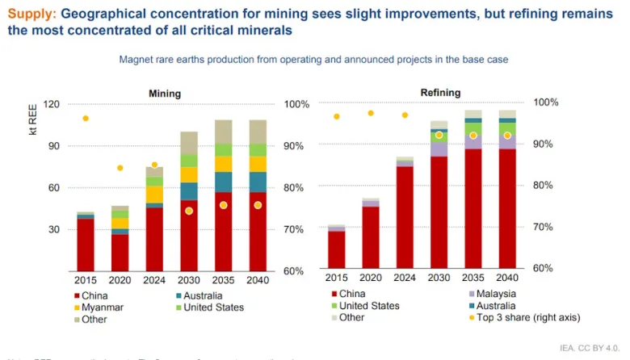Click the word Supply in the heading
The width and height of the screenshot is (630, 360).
coord(31,14)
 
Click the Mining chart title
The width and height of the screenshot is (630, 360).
coord(165,94)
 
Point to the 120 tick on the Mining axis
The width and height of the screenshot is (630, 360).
coord(52,105)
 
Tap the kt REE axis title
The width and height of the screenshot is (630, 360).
coord(33,122)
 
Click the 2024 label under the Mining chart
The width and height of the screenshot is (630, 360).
coord(154,279)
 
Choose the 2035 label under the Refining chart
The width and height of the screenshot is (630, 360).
coord(472,278)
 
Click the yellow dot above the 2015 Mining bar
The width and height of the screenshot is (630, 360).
coord(86,119)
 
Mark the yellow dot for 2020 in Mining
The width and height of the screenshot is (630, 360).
coord(120,168)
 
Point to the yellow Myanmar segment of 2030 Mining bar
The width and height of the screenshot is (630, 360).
coord(189,174)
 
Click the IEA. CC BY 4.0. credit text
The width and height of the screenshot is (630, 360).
coord(587,349)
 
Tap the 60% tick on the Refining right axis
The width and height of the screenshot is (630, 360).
coord(545,268)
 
